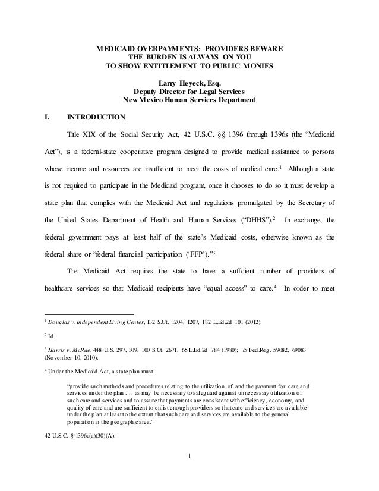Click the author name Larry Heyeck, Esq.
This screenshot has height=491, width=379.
pyautogui.click(x=189, y=83)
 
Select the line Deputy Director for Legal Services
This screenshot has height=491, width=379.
pyautogui.click(x=189, y=92)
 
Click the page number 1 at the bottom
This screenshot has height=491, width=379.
pyautogui.click(x=190, y=473)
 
